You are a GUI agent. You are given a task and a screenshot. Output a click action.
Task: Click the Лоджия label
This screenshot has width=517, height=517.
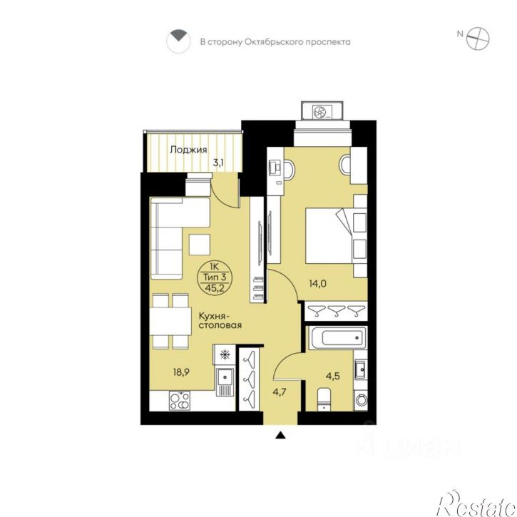(188, 150)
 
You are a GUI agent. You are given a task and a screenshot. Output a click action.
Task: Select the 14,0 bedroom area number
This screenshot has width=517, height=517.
(317, 283)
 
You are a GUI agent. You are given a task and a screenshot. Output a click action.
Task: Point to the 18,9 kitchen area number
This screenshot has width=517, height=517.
(181, 372)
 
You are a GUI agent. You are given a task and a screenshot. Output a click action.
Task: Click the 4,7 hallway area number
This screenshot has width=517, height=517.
(280, 392)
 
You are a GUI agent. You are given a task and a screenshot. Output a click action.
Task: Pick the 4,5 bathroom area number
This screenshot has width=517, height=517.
(333, 376)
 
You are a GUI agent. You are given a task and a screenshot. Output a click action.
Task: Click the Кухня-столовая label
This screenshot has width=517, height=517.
(220, 320)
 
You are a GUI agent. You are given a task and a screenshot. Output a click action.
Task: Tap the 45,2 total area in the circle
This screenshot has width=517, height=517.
(215, 288)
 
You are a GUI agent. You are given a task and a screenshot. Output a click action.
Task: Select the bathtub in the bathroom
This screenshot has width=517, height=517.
(338, 337)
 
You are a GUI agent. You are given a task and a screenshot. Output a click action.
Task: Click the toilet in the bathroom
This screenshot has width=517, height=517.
(324, 399)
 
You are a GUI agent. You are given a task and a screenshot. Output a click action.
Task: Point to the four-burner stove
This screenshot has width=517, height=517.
(180, 401)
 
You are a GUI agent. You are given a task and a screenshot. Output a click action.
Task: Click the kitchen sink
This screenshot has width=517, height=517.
(225, 382)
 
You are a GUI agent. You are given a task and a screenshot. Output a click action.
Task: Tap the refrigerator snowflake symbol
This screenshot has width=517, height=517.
(225, 355)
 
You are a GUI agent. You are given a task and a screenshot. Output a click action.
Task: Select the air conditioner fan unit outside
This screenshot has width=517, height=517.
(322, 111)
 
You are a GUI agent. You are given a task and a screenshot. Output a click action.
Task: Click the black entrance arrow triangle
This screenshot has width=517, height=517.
(280, 435)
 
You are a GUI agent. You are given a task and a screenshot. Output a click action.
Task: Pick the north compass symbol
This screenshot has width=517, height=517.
(478, 39)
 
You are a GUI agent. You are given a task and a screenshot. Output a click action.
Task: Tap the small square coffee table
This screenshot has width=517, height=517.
(200, 245)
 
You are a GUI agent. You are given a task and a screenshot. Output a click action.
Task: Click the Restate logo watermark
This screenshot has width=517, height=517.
(476, 504)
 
